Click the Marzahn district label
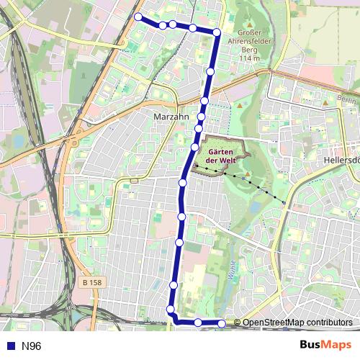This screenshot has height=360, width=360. (171, 115)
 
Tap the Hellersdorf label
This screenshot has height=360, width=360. (341, 160)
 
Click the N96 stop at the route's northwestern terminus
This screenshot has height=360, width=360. (138, 17)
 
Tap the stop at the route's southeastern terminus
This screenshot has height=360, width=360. (222, 323)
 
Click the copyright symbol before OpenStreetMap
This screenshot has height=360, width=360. (238, 323)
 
